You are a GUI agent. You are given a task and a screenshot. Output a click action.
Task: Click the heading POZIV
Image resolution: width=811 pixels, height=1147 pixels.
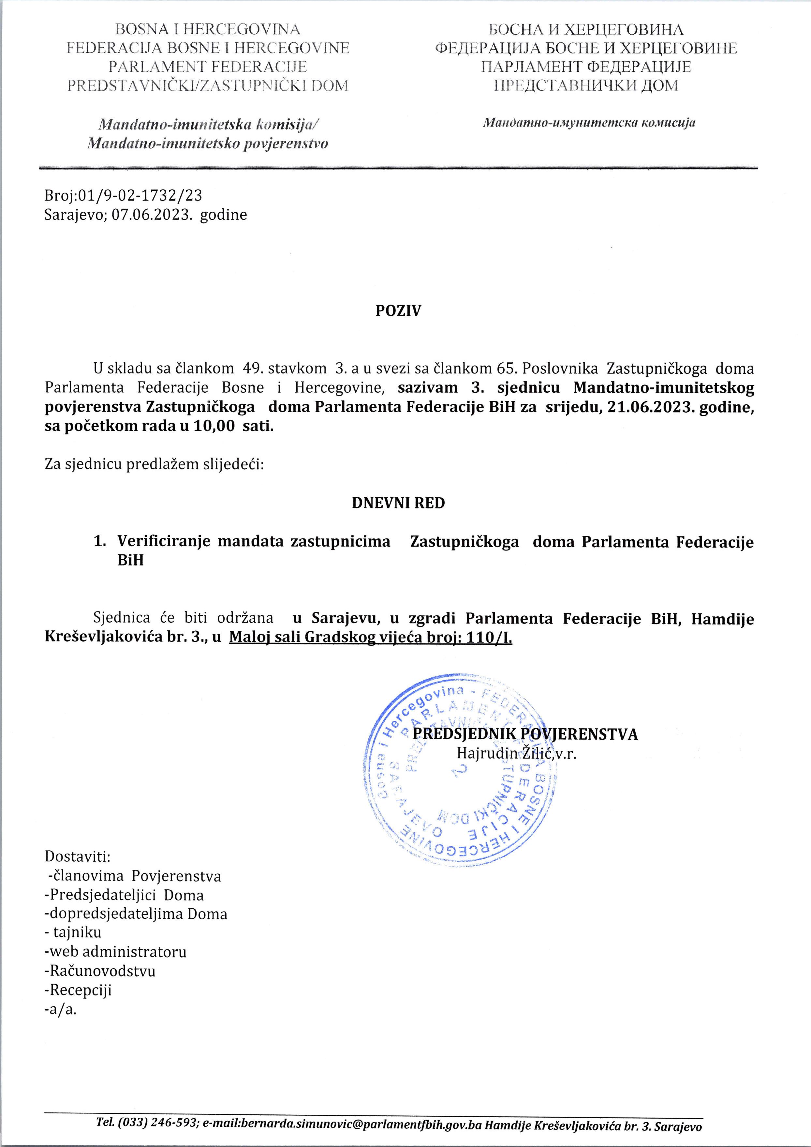(398, 311)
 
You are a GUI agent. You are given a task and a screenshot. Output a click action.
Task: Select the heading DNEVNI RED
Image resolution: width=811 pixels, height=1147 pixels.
(398, 503)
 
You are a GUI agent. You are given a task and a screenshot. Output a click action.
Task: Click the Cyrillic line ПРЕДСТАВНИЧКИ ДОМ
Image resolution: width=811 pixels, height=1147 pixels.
(586, 85)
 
